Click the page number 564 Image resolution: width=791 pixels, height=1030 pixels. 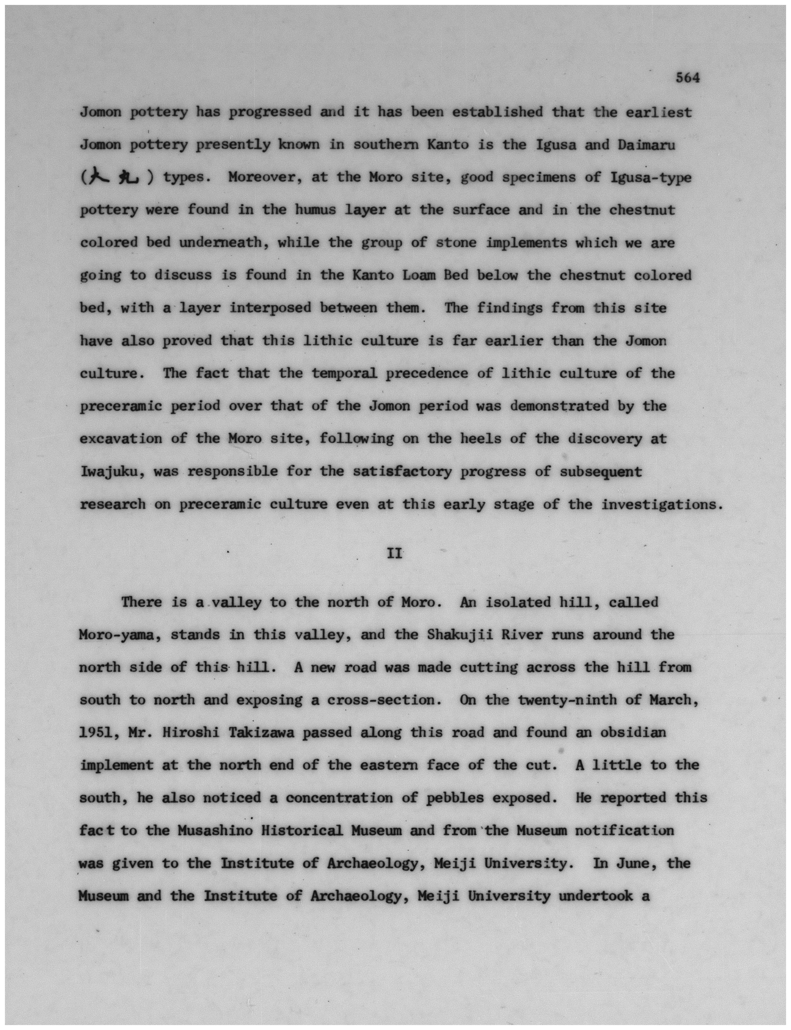687,78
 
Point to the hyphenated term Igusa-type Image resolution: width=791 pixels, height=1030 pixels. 651,178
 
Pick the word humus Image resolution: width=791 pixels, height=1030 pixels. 315,210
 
